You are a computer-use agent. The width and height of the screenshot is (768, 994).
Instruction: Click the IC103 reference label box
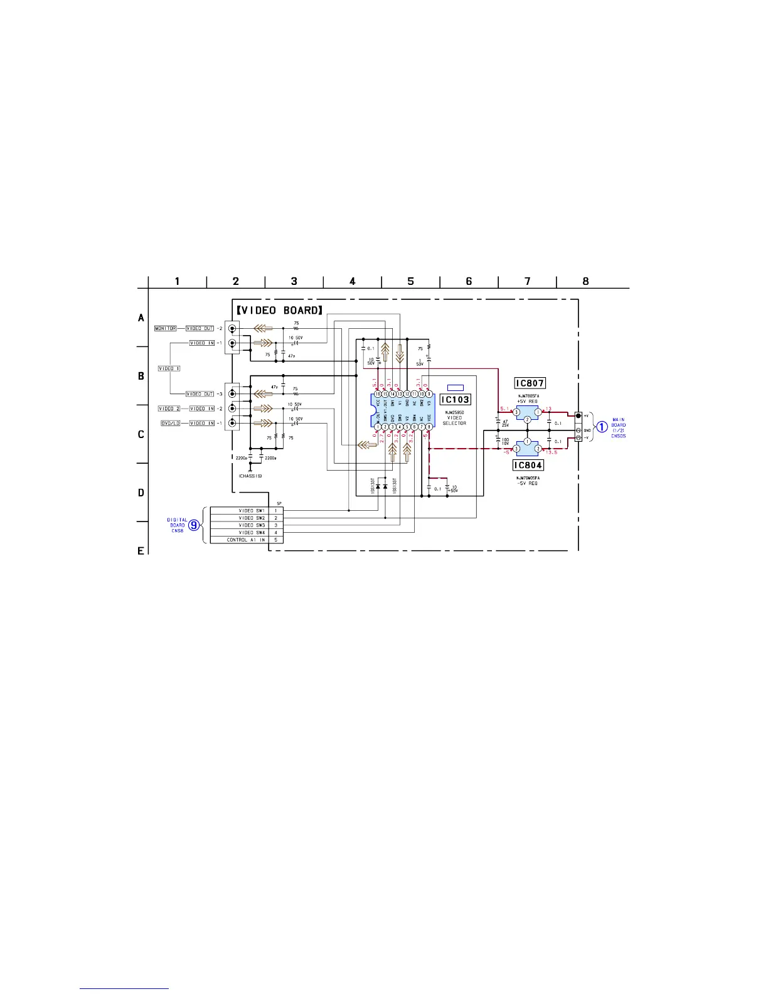tap(455, 400)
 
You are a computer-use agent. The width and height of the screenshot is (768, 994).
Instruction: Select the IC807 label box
tap(529, 383)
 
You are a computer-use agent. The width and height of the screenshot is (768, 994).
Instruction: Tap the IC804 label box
tap(528, 465)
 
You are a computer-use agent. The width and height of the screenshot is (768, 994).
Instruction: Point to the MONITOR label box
tap(166, 328)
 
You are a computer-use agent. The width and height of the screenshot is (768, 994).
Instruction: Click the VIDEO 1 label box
tap(169, 368)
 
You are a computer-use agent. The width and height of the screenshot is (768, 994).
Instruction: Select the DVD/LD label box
tap(171, 423)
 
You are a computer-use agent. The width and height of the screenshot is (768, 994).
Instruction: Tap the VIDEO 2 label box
tap(169, 409)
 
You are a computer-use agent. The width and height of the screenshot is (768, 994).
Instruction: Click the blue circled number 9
tap(195, 525)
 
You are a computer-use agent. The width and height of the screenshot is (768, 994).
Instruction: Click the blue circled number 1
tap(601, 427)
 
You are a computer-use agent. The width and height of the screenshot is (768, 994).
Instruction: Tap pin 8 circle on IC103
tap(429, 427)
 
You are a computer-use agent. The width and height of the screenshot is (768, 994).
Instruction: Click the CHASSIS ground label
tap(250, 476)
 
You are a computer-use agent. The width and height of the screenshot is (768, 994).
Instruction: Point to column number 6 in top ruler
tap(469, 282)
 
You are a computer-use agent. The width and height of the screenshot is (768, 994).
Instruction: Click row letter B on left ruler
tap(141, 376)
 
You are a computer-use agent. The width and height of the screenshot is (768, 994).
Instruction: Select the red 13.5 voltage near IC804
tap(551, 452)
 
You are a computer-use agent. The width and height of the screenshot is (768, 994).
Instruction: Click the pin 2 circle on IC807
tap(528, 419)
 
